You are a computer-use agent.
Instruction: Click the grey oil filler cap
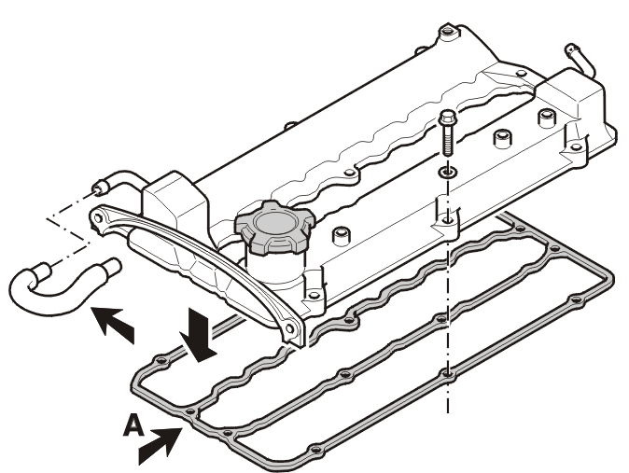tap(274, 228)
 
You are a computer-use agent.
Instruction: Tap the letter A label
tap(133, 425)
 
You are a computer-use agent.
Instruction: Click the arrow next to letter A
tap(160, 446)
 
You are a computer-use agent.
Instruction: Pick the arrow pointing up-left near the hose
tap(113, 324)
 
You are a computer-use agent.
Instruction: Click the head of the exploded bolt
tap(446, 118)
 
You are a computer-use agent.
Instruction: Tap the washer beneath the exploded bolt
tap(447, 173)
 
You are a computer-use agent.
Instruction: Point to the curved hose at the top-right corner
tap(580, 60)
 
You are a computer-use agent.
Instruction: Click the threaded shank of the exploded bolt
tap(447, 140)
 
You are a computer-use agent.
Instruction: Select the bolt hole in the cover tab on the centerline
tap(447, 220)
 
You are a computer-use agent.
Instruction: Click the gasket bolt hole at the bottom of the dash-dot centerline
tap(448, 374)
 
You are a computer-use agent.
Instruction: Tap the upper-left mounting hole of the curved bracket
tap(97, 218)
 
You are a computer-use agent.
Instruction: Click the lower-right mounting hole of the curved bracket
tap(289, 329)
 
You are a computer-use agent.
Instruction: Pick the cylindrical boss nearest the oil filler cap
tap(342, 237)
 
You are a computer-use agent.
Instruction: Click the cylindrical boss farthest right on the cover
tap(547, 118)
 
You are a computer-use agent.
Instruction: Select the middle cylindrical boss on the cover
tap(503, 139)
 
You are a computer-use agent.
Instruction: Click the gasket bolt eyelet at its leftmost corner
tap(161, 360)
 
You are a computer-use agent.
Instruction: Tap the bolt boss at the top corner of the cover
tap(447, 32)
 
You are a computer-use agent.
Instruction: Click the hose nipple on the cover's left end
tap(100, 188)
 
